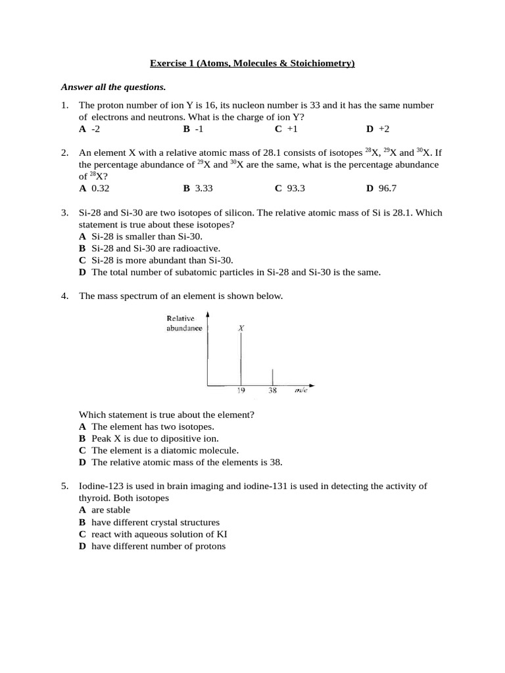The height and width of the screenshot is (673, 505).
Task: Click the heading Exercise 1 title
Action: click(x=252, y=63)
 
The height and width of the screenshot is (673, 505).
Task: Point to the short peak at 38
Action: click(x=273, y=377)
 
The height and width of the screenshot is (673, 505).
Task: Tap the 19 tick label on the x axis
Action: click(x=241, y=390)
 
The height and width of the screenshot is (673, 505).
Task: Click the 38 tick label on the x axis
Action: click(x=273, y=390)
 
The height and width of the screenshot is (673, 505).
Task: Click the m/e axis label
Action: click(x=301, y=390)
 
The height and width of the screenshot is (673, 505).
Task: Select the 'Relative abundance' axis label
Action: click(x=184, y=323)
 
